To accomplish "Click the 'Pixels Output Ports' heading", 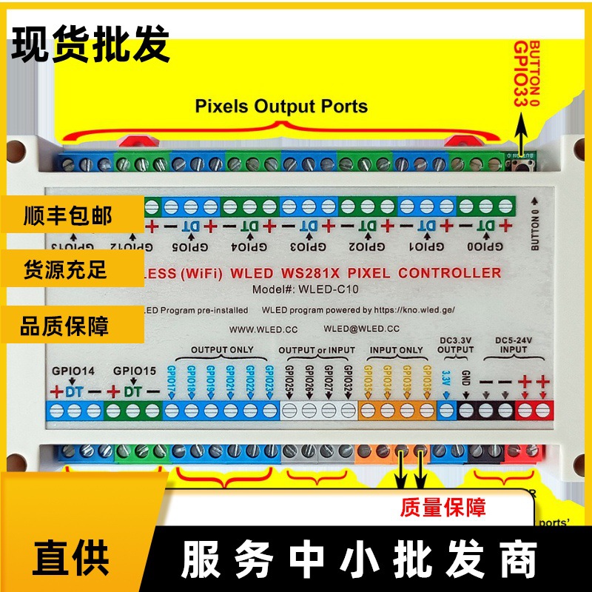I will (281, 107).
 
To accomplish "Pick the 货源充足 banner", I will (66, 269).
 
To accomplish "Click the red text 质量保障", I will (443, 508).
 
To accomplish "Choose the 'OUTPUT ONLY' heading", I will (222, 349).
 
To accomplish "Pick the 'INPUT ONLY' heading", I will (397, 349).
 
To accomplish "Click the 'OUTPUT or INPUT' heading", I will (317, 349).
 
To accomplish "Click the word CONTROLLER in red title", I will (449, 272).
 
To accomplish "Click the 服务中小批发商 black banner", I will (358, 556).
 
